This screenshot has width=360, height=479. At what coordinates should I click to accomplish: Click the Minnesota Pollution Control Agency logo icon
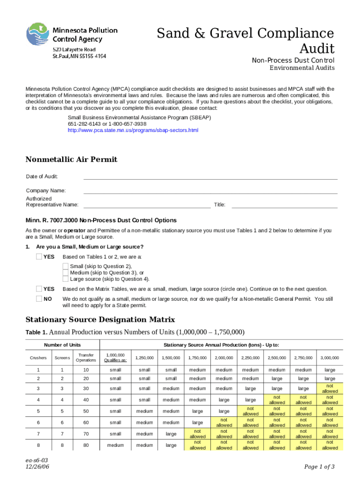(38, 34)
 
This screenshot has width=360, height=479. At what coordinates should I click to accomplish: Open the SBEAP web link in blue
(133, 130)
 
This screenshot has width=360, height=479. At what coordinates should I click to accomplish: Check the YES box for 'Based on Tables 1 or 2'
(39, 257)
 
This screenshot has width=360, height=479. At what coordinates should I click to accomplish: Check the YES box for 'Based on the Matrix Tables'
(39, 289)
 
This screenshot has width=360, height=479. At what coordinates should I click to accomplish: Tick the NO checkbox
(39, 299)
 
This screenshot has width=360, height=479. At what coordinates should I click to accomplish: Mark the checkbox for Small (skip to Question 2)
(66, 266)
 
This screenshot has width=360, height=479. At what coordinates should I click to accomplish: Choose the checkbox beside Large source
(66, 279)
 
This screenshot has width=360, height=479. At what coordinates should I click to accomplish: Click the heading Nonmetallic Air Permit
(71, 160)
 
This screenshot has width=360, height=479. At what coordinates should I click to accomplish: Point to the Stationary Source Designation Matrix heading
(100, 319)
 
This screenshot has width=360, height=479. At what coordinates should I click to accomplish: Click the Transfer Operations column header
(86, 357)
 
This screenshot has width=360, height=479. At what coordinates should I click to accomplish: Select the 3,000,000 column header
(330, 358)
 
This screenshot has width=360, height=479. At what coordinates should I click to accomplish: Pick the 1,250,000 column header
(144, 358)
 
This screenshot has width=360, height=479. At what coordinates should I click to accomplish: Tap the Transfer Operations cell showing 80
(86, 445)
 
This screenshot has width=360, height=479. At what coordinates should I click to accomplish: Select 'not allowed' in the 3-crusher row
(330, 388)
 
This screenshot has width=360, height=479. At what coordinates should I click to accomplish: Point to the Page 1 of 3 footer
(319, 466)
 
